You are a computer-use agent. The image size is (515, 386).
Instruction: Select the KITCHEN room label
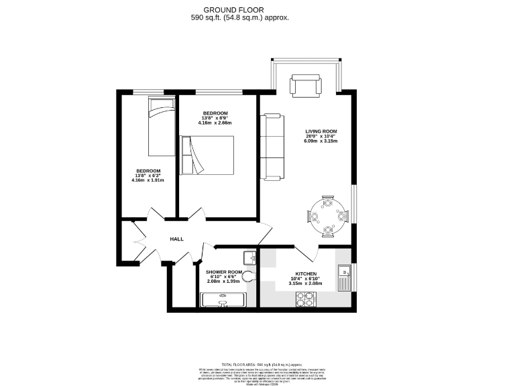point(306,274)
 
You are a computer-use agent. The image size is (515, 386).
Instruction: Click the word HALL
point(176,239)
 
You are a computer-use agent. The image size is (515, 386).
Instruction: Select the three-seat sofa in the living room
point(271,146)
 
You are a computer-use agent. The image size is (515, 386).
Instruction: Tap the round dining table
point(327,216)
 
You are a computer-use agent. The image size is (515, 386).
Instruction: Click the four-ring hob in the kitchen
point(306,302)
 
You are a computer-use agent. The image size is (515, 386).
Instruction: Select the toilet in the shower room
point(249,276)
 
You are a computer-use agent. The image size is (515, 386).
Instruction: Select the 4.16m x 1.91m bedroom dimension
point(148,180)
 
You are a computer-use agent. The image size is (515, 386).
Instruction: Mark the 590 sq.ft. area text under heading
point(240,18)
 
